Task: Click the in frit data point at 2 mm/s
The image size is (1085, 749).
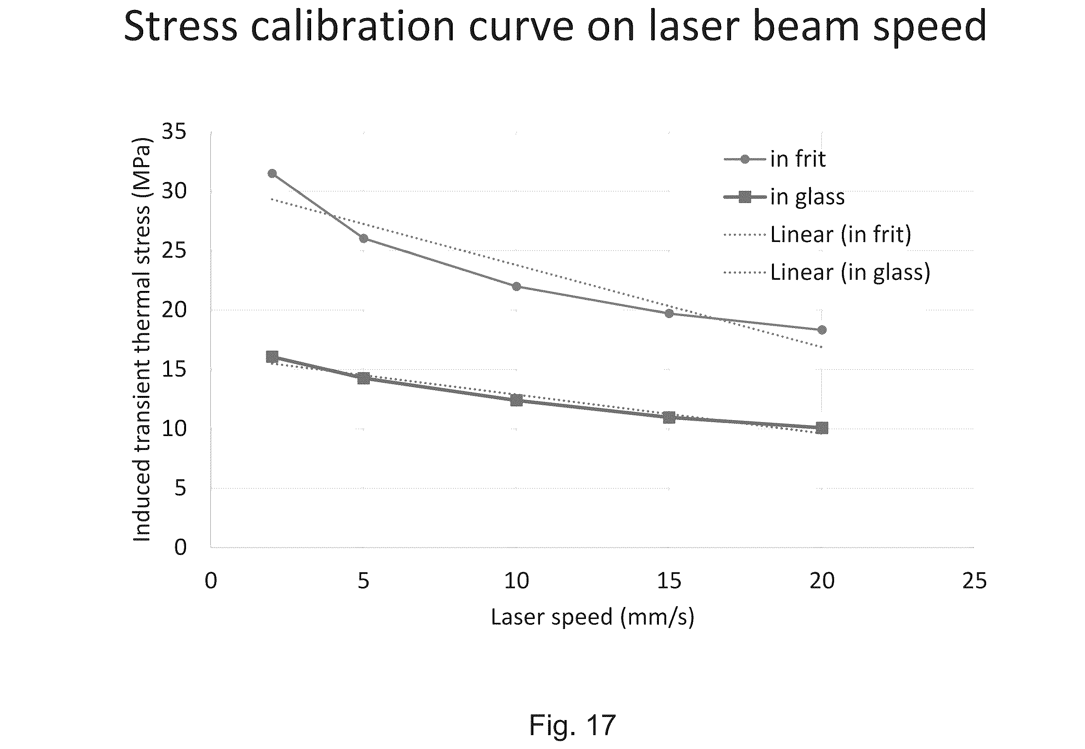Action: coord(272,174)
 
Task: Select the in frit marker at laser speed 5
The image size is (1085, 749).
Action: coord(363,238)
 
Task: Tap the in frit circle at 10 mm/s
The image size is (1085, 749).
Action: coord(516,286)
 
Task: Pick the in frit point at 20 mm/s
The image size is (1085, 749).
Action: coord(822,330)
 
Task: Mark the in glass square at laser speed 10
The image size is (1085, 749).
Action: coord(516,400)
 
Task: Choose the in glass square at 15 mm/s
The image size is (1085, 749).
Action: coord(669,417)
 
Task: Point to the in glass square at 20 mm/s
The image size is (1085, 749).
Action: coord(822,428)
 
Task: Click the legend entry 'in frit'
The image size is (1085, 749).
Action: coord(797,159)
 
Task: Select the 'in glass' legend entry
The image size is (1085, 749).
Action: coord(807,197)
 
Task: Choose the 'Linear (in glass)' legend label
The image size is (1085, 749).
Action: coord(850,272)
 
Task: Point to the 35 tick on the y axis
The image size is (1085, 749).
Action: coord(174,132)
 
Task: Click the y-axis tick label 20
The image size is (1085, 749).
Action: coord(174,310)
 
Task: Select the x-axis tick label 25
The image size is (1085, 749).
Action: coord(974,581)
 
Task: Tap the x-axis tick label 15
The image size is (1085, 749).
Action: coord(669,581)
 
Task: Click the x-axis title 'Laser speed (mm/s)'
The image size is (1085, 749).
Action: coord(592,617)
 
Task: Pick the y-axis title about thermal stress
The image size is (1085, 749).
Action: coord(142,339)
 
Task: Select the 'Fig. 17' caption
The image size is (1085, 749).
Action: coord(572,725)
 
